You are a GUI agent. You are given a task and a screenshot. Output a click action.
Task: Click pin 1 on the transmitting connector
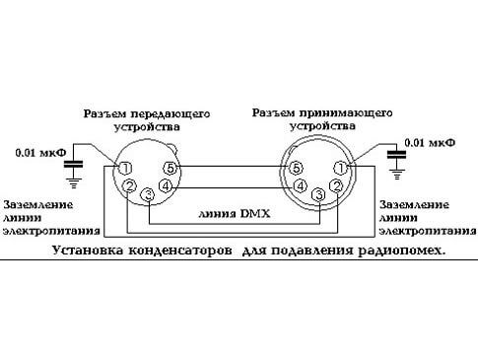[x=127, y=168]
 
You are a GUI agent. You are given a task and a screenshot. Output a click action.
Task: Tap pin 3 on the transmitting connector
[x=148, y=195]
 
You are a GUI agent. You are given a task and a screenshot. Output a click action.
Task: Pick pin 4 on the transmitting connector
[x=166, y=184]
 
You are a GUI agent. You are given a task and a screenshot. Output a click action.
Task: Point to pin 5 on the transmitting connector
[x=171, y=168]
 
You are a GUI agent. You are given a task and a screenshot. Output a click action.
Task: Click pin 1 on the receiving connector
[x=341, y=168]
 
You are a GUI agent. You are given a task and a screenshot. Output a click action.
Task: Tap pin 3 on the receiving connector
[x=318, y=195]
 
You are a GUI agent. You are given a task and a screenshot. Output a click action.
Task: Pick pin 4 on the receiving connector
[x=300, y=184]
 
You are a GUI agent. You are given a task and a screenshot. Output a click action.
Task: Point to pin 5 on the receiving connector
[x=297, y=168]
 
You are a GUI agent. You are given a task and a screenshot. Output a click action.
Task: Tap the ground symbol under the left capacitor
[x=72, y=180]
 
